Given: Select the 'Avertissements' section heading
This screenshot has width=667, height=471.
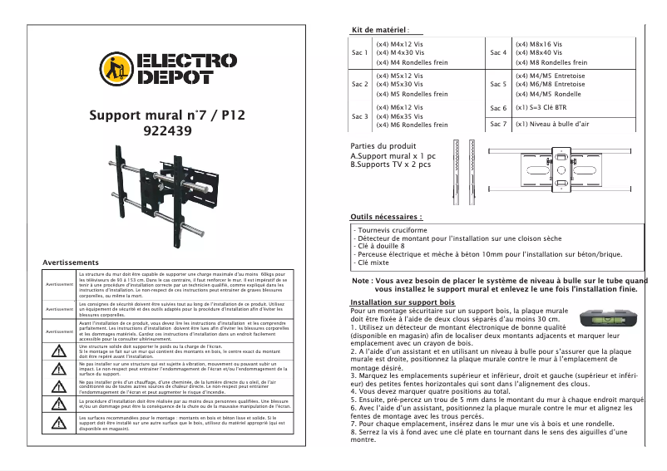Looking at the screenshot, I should [x=66, y=262].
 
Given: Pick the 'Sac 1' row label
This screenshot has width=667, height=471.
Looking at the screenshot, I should [x=359, y=52].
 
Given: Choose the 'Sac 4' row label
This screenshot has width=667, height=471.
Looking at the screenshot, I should [x=498, y=52].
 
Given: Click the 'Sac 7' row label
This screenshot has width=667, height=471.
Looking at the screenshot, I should [x=498, y=124].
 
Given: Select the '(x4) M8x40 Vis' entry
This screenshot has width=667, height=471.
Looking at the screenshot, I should [x=539, y=52].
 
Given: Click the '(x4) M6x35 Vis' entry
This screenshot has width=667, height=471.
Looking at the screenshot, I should [x=400, y=116].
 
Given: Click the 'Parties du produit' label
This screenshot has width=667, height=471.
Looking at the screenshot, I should [x=383, y=146].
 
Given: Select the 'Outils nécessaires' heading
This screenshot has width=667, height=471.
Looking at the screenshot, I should [x=388, y=216].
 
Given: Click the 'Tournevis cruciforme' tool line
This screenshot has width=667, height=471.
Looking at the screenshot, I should [x=390, y=229].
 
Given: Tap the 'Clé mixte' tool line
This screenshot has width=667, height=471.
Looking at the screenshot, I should [x=373, y=262].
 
